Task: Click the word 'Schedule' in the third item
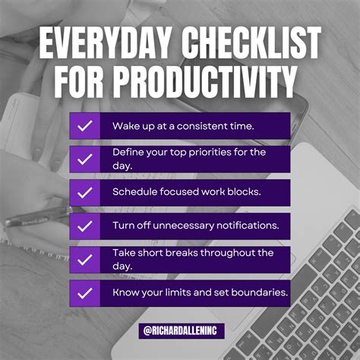(x=134, y=191)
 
